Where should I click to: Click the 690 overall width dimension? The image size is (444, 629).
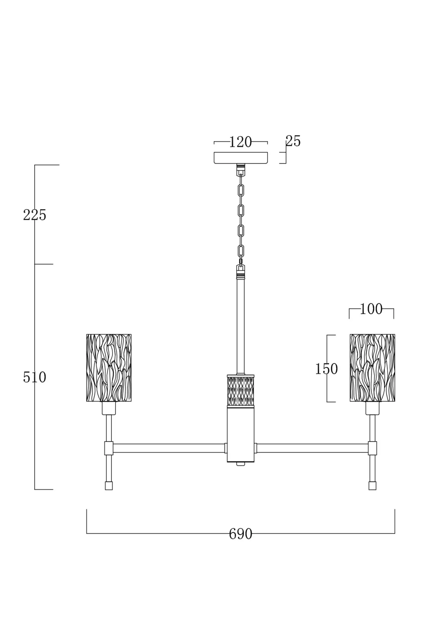point(240,534)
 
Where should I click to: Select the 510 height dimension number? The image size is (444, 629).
point(35,377)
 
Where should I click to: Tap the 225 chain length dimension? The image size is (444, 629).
point(35,215)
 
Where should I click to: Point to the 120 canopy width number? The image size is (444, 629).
point(240,142)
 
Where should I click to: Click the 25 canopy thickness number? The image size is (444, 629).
point(293,141)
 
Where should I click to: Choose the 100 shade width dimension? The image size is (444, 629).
point(371,309)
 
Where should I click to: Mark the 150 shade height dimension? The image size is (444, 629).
point(326,369)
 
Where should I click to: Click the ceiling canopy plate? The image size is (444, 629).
point(241,158)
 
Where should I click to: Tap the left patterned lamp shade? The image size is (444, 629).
point(109,368)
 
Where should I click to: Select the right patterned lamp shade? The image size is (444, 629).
point(372,368)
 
